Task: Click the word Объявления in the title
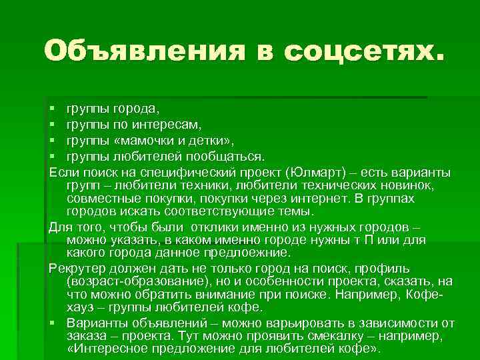click(140, 51)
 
